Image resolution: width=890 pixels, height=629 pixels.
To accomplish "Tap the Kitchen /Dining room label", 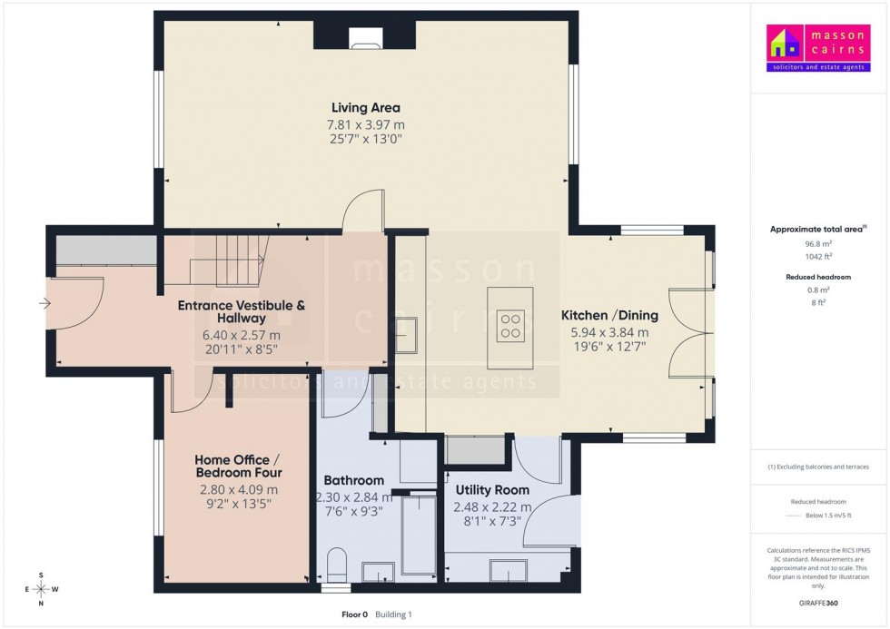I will pos(604,315).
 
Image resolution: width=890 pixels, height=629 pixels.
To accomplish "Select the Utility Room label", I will pos(492,490).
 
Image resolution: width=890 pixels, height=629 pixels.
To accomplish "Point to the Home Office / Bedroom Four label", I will pos(239,466).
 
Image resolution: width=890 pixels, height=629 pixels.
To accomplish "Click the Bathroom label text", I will pos(353,480).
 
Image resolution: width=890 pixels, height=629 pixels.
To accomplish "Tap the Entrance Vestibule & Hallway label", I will pos(241,311).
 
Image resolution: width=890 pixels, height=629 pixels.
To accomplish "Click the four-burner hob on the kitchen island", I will pos(510,326).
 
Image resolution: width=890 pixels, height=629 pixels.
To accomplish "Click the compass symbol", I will pos(41,588).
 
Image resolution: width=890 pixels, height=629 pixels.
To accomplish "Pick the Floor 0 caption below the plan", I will pos(354,614).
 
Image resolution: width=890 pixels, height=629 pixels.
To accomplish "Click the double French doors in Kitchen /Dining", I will pos(687,333).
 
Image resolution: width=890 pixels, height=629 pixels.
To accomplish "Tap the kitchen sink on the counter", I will pos(407,333).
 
